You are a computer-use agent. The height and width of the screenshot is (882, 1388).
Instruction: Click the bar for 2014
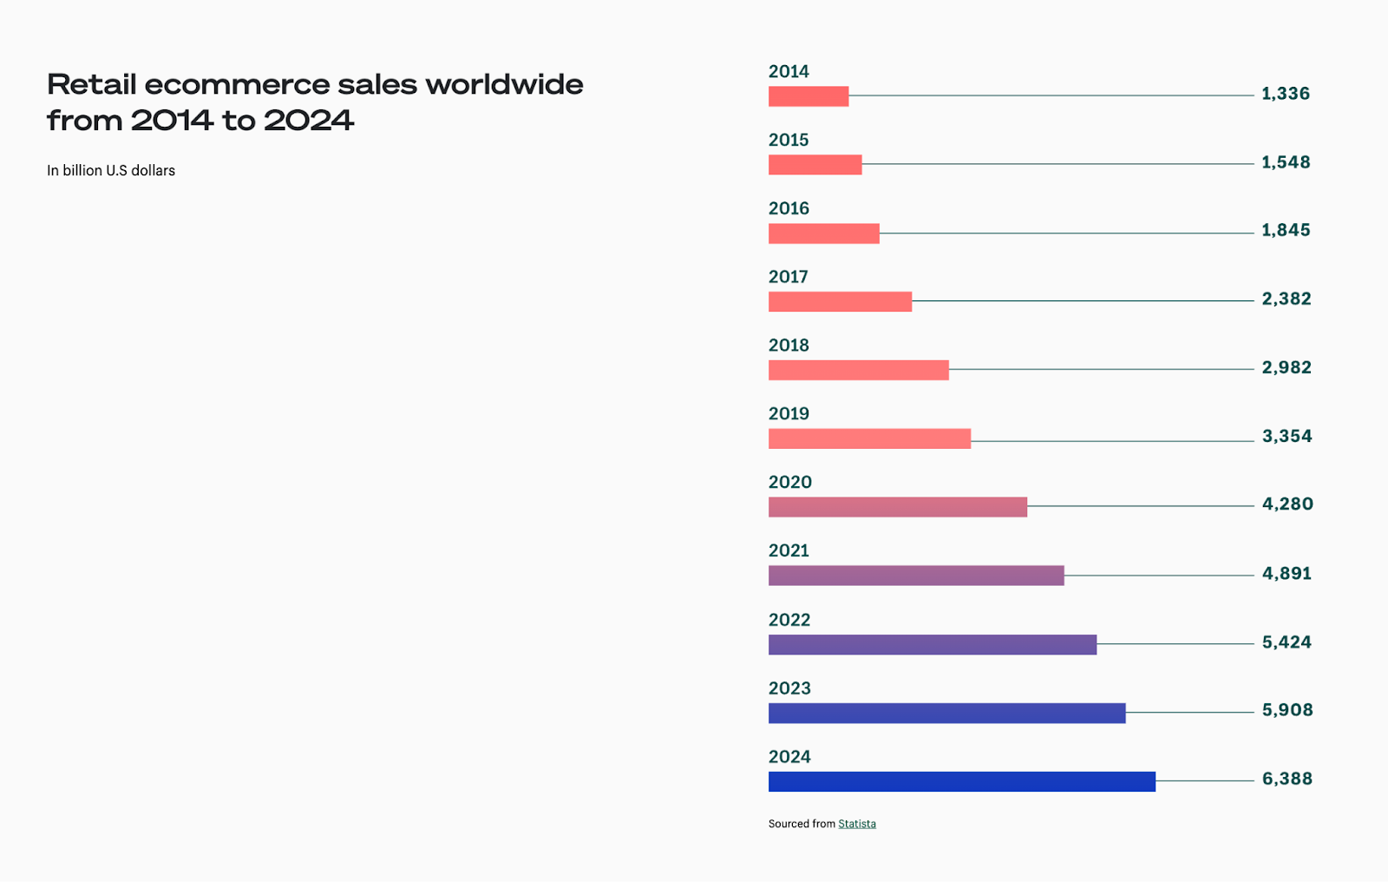pos(808,96)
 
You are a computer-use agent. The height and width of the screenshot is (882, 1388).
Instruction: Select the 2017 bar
pos(840,301)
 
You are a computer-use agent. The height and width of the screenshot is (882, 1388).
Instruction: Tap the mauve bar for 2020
pos(897,507)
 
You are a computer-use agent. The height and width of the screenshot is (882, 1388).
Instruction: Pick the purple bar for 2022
pos(932,644)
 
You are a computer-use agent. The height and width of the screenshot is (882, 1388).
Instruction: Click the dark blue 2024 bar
pos(961,781)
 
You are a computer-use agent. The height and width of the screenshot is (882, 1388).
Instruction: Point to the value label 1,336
pos(1285,94)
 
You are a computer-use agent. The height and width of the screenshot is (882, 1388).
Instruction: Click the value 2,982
pos(1286,367)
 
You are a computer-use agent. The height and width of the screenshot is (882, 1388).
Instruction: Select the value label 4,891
pos(1286,573)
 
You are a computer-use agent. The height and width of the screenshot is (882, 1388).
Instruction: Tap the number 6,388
pos(1287,779)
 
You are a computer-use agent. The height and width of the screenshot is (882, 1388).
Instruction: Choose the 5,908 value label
pos(1287,710)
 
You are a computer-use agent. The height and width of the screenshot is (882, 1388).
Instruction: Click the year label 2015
pos(788,140)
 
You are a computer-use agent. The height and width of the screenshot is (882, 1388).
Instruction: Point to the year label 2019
pos(788,414)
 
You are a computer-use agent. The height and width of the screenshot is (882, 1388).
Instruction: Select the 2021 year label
pos(788,550)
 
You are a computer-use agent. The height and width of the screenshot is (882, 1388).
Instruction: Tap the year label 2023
pos(789,688)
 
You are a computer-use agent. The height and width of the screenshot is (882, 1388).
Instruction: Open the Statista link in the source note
pos(856,824)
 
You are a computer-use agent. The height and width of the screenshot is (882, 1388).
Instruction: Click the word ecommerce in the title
pos(237,84)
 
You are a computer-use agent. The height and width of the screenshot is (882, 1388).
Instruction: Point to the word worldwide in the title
pos(504,84)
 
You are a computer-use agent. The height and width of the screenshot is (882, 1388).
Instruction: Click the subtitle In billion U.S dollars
pos(111,170)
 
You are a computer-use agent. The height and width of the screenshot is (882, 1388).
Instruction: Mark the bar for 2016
pos(823,234)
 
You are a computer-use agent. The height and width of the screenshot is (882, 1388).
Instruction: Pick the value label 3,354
pos(1286,436)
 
